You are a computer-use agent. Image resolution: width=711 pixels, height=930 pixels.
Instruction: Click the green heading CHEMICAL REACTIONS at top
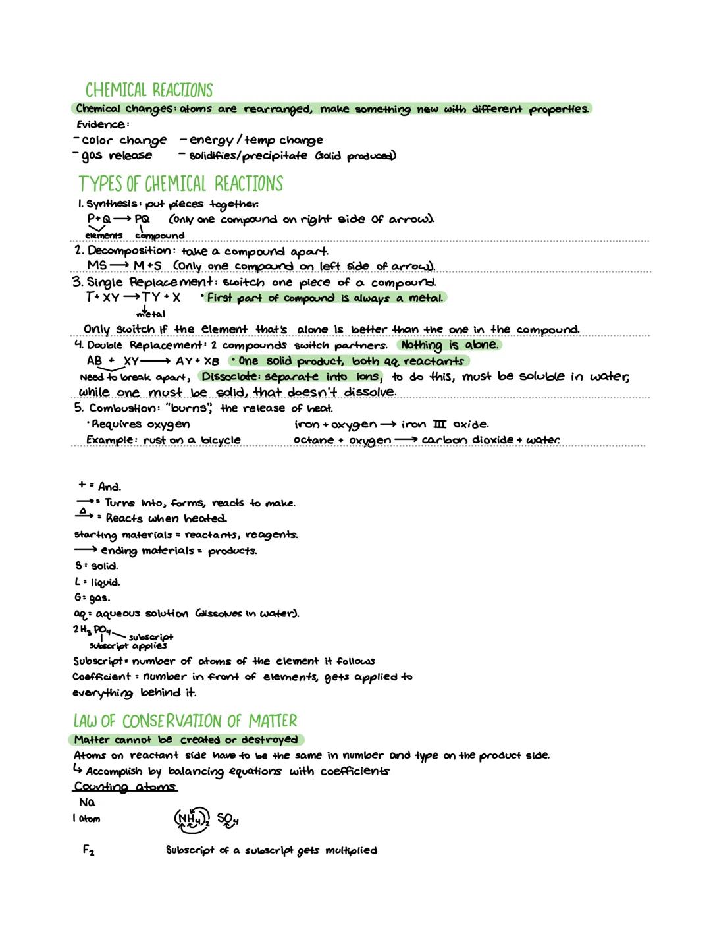[x=149, y=90]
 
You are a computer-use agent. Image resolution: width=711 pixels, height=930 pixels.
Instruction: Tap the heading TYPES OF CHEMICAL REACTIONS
[x=180, y=183]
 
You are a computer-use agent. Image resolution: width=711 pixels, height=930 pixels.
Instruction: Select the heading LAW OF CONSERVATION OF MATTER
[x=185, y=721]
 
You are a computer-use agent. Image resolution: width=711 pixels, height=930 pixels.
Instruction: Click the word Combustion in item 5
[x=120, y=408]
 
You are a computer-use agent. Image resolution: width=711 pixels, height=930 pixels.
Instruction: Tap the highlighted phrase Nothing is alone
[x=450, y=345]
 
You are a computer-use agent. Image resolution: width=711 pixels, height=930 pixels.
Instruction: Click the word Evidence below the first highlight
[x=101, y=124]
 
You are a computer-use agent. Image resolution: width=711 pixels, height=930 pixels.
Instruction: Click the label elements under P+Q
[x=103, y=235]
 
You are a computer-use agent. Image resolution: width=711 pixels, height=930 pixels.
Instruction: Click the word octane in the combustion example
[x=313, y=440]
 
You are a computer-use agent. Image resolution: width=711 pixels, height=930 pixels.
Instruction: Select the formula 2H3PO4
[x=92, y=630]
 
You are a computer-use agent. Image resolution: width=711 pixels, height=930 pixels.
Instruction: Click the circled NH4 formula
[x=191, y=819]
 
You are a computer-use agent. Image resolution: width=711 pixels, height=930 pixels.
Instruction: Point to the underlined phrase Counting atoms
[x=124, y=787]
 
